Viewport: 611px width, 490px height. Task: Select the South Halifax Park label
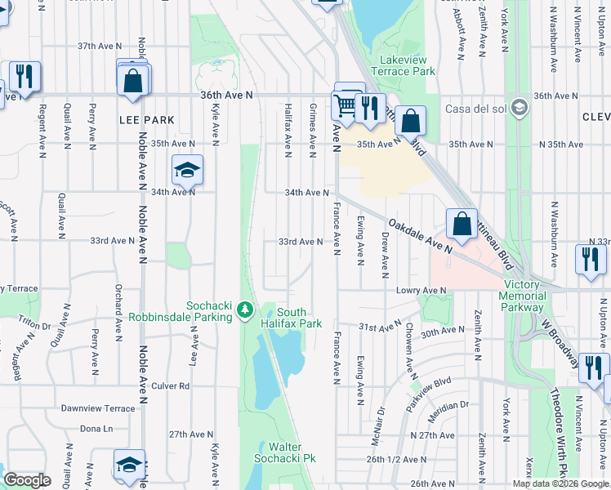(x=299, y=318)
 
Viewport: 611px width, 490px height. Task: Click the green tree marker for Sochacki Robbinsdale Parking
(x=244, y=310)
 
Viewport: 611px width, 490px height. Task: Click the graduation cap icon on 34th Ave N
(x=187, y=170)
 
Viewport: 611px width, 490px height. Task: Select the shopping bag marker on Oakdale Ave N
(x=462, y=223)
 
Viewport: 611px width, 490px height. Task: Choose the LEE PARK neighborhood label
(x=147, y=120)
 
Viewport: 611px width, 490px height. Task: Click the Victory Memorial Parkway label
(x=522, y=296)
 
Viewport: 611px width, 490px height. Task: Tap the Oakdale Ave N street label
(x=420, y=234)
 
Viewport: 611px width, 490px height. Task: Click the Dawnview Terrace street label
(x=97, y=408)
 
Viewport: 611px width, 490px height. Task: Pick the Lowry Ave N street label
(x=421, y=290)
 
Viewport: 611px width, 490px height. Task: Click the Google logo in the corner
(x=27, y=480)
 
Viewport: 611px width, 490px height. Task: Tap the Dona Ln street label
(x=96, y=429)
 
